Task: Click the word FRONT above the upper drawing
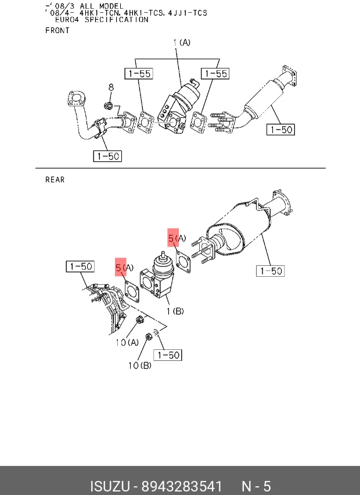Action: (x=57, y=31)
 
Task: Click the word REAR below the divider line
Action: (x=55, y=180)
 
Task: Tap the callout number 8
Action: (x=111, y=87)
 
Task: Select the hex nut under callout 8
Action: (x=107, y=105)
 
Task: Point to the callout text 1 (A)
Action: (x=182, y=42)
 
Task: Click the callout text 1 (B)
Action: (x=175, y=311)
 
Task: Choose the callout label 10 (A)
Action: (x=127, y=342)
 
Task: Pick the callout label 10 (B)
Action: (x=140, y=365)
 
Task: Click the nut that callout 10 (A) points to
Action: (x=139, y=320)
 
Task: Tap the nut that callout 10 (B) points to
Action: (x=149, y=337)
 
